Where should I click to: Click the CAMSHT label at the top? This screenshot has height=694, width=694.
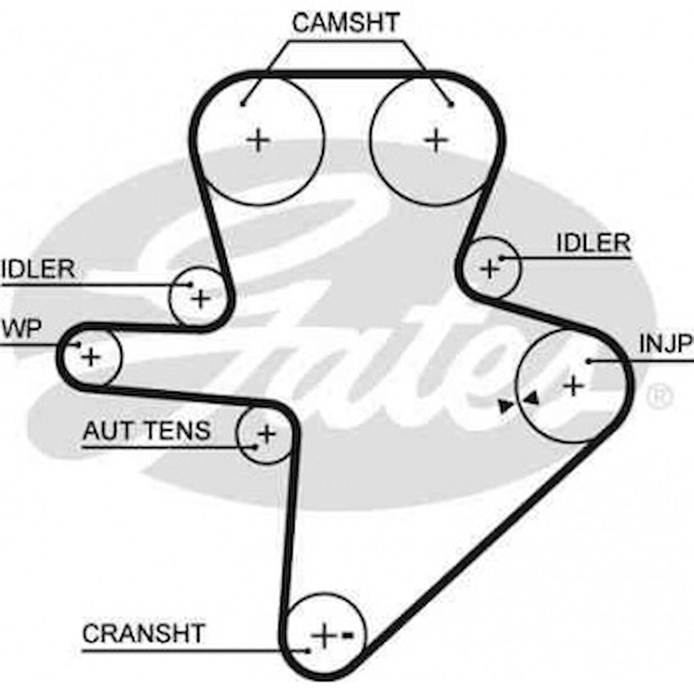point(346,24)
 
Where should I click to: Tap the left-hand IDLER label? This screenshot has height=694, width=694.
point(38,269)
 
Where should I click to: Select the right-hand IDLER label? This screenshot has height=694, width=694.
point(593,242)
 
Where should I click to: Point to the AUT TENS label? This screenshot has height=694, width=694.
point(146,431)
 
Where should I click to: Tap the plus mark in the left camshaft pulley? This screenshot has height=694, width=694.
point(258,141)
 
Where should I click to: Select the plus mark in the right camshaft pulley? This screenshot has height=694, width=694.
point(436,140)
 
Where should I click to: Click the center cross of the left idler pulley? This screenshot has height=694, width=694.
point(201,299)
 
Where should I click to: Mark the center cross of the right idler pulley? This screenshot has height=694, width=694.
point(489,269)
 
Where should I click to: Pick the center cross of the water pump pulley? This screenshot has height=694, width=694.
point(91,356)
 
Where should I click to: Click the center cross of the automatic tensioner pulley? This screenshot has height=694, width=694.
point(266,434)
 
